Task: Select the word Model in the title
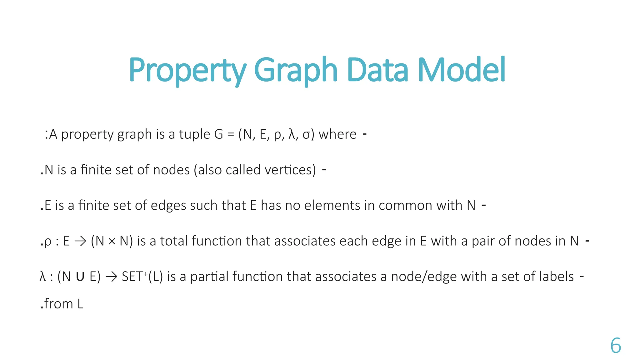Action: [461, 70]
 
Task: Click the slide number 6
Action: [616, 346]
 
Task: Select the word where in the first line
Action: [337, 134]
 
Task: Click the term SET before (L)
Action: [132, 277]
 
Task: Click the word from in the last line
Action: [58, 304]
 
